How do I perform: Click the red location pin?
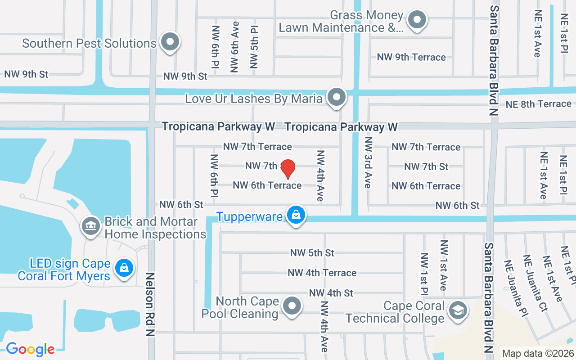tap(288, 169)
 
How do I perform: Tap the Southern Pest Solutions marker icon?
tap(170, 42)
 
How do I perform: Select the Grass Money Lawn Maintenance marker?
tap(417, 20)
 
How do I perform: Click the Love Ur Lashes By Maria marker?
tap(336, 97)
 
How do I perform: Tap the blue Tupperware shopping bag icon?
tap(296, 215)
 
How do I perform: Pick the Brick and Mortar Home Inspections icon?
tap(90, 226)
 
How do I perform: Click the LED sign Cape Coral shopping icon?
tap(124, 268)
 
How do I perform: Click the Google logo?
tap(30, 349)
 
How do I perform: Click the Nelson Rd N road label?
tap(150, 304)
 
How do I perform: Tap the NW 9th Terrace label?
tap(411, 57)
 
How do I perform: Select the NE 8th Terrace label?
tap(538, 104)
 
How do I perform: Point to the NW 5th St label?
tap(312, 253)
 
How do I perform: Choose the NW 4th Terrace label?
tap(322, 273)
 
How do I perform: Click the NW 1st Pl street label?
tap(424, 274)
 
